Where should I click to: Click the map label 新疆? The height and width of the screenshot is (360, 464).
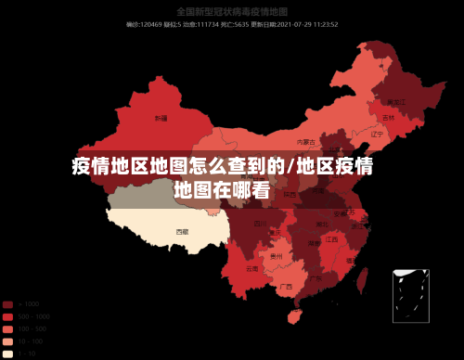tap(161, 119)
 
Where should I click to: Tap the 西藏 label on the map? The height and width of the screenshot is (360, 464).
tap(182, 230)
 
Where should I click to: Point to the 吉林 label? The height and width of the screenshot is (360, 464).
tap(388, 119)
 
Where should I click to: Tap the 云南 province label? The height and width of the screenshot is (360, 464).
tap(252, 268)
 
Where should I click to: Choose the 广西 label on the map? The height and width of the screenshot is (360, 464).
tap(286, 287)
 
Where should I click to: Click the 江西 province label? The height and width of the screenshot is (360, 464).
tap(331, 239)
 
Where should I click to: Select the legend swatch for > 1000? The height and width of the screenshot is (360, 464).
tap(7, 304)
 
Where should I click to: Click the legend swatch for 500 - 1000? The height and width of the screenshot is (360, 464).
tap(7, 316)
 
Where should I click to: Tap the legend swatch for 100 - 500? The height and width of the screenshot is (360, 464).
tap(7, 328)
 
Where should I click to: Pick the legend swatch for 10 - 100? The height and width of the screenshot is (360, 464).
tap(7, 341)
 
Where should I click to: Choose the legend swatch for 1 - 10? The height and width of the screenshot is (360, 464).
tap(7, 353)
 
